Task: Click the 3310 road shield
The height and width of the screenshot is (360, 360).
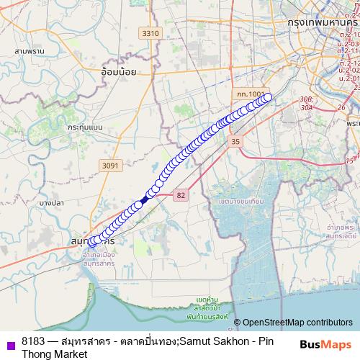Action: coord(150,33)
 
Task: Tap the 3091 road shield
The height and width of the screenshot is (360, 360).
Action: coord(109,166)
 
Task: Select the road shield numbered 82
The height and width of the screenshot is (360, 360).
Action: coord(181,194)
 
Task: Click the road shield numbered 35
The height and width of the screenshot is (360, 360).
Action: coord(235,143)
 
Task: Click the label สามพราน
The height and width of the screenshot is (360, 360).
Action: coord(29,52)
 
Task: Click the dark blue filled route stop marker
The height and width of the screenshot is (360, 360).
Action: coord(145,199)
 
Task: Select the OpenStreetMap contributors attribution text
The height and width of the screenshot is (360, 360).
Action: coord(293,323)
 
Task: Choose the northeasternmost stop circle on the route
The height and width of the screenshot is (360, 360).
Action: coord(268,97)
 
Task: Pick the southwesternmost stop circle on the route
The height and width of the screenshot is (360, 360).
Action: coord(92,244)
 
